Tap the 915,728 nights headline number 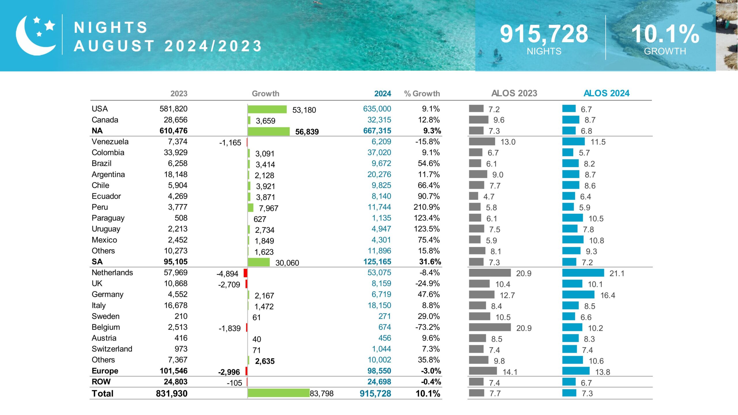click(544, 34)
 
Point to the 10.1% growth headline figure click(665, 34)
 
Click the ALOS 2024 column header click(606, 93)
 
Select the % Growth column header click(422, 93)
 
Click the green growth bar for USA click(267, 109)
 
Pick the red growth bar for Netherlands click(245, 273)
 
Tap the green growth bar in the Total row click(278, 393)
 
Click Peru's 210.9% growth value click(427, 207)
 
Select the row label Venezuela click(110, 142)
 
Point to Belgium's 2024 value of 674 click(385, 327)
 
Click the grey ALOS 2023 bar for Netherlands click(490, 273)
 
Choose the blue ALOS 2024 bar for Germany click(578, 295)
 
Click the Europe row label click(105, 371)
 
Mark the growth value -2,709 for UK click(229, 285)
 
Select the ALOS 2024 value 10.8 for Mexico click(596, 240)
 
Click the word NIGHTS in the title click(111, 28)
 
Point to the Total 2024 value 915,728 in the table click(375, 393)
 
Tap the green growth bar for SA click(259, 262)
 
